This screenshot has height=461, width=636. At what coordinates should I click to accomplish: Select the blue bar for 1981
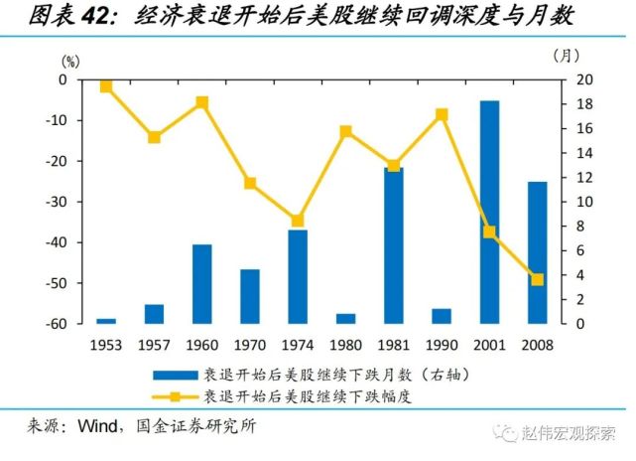[393, 245]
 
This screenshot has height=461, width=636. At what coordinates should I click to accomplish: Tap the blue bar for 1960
[201, 283]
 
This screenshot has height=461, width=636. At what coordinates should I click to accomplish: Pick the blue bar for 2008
[537, 252]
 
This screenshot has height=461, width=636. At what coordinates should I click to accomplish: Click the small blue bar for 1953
[106, 320]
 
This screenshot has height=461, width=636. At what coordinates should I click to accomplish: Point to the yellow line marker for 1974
[297, 221]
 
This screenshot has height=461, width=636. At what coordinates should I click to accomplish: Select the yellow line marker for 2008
[537, 280]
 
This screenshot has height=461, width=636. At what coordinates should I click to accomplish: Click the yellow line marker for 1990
[442, 114]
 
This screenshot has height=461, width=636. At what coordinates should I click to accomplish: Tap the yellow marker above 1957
[154, 137]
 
